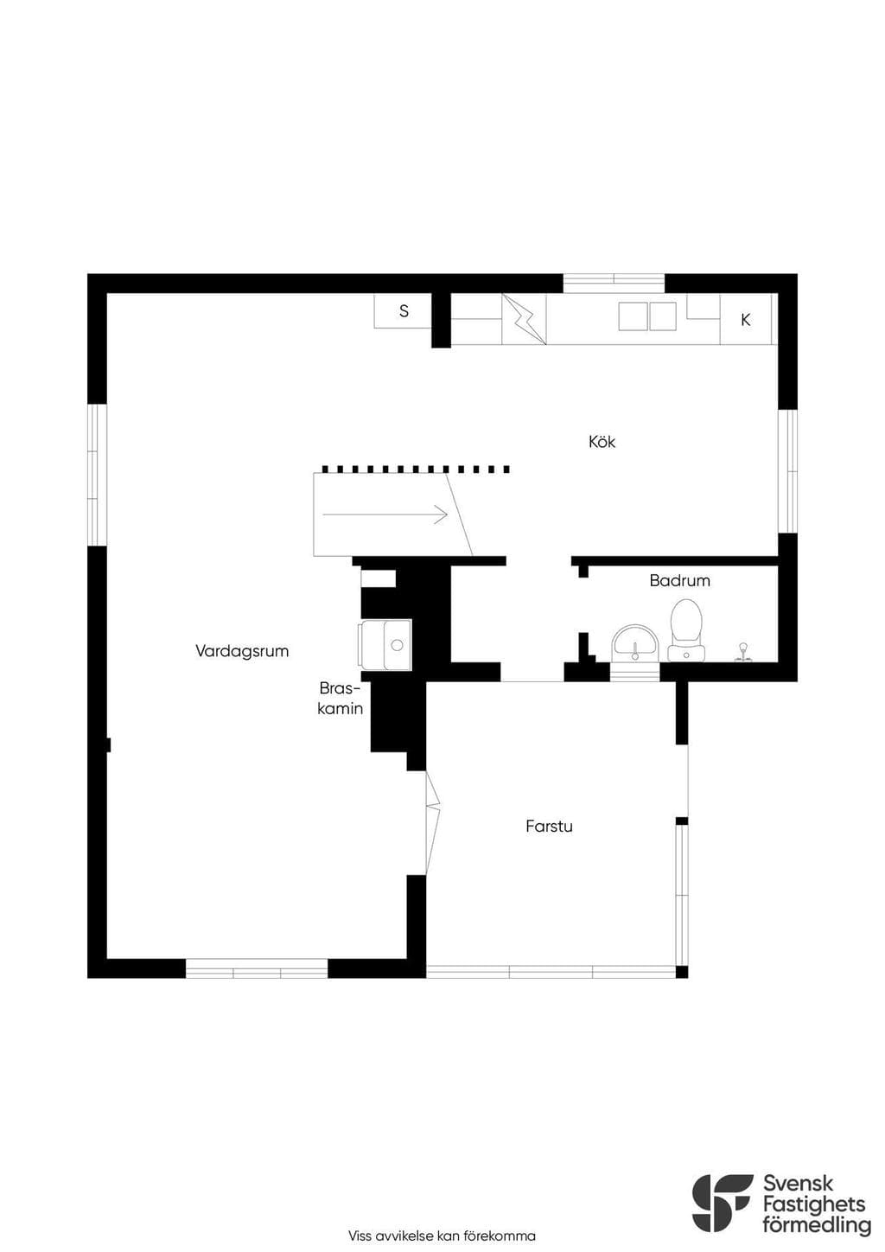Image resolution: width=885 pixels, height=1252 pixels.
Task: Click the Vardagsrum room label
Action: coord(242,651)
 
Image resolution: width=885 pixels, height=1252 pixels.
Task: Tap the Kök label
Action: coord(602,442)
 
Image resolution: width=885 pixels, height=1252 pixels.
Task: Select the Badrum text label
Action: coord(679,581)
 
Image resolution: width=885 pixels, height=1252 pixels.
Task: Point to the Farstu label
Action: coord(549,826)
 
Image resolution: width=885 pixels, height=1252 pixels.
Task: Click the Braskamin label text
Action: coord(341,698)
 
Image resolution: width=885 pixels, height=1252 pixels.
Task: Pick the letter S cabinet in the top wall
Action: coord(403,310)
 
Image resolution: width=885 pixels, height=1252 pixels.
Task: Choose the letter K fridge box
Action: coord(746,320)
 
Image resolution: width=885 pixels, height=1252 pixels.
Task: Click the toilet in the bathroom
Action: coord(685,630)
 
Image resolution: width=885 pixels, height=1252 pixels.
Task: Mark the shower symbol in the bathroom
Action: coord(743,653)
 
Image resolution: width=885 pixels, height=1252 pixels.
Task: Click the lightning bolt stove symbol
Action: coord(524,319)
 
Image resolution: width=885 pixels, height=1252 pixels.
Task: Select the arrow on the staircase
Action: coord(385,514)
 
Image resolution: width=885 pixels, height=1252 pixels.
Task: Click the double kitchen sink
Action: coord(647,316)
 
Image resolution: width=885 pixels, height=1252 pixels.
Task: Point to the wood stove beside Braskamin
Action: coord(385,644)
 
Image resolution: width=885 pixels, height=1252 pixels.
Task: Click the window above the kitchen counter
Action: coord(614,284)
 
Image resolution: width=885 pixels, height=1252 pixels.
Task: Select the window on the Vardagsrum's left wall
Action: coord(97,475)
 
